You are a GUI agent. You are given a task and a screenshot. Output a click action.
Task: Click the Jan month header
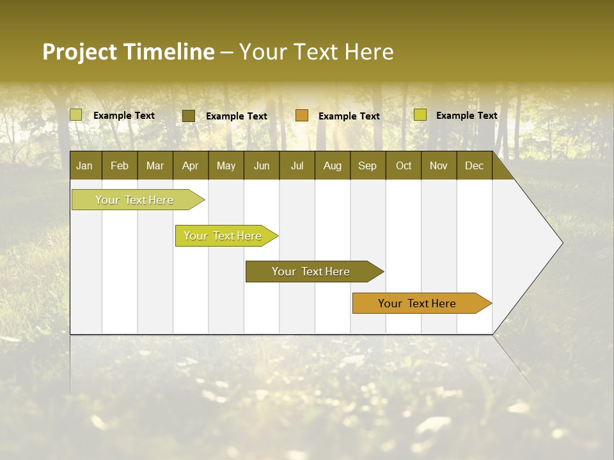tap(84, 165)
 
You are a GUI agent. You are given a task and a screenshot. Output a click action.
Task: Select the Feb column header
tap(120, 165)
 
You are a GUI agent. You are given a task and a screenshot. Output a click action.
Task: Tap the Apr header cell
tap(190, 165)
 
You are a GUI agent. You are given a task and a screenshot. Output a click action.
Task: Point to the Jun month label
tap(262, 165)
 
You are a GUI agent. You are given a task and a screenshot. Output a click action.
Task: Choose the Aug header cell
tap(332, 165)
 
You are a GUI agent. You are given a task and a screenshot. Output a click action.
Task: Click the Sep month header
tap(367, 165)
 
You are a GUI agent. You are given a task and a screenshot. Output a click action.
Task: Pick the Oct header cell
tap(404, 165)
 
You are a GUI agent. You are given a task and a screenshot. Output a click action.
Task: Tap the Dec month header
tap(474, 165)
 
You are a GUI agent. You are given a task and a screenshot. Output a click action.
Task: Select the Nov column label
tap(439, 165)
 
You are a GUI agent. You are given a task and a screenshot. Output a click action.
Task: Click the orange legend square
tap(302, 115)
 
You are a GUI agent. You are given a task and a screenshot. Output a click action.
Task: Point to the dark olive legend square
tap(189, 116)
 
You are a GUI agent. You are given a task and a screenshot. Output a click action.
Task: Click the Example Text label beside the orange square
tap(349, 116)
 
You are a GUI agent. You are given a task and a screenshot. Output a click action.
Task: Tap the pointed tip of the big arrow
tap(560, 243)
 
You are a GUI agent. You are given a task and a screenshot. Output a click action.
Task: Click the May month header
tap(226, 165)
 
